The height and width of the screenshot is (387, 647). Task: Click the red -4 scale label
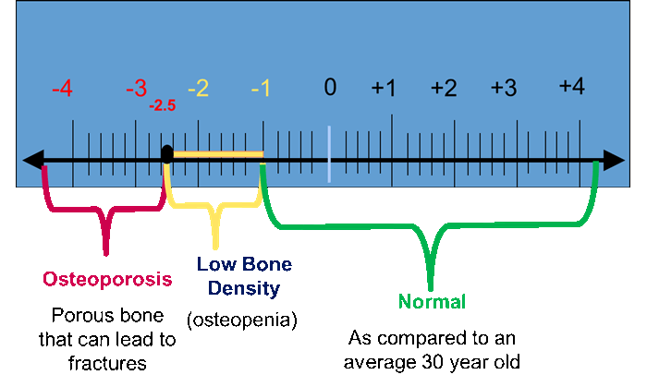(62, 89)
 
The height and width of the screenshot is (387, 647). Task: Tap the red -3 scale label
(136, 89)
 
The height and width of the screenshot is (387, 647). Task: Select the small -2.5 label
(162, 105)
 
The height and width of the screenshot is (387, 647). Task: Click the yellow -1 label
(261, 89)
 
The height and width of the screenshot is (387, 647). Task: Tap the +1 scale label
(384, 89)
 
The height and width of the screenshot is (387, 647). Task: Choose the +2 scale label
(444, 89)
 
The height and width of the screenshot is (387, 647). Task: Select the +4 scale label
(571, 87)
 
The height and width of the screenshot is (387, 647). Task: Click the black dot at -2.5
(166, 154)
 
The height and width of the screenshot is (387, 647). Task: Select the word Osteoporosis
(106, 279)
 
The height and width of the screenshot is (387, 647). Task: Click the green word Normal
(432, 301)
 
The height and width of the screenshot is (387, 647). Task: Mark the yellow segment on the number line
(217, 153)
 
